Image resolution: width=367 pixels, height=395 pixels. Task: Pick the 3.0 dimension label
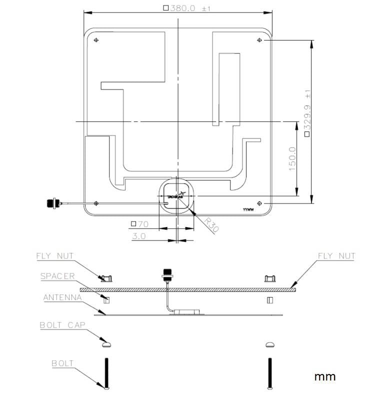point(139,236)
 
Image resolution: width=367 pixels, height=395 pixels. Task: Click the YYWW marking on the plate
point(248,210)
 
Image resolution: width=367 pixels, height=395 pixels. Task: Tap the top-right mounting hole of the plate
point(259,40)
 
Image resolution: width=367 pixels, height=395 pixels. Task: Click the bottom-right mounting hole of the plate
point(259,203)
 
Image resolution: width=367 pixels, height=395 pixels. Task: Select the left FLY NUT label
point(54,256)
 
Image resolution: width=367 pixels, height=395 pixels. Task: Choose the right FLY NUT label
point(336,256)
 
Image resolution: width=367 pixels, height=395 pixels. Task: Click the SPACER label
point(57,276)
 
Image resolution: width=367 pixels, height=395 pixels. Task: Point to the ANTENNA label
point(62,297)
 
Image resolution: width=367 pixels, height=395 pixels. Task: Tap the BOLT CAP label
point(62,325)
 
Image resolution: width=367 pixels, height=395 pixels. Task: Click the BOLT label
point(62,363)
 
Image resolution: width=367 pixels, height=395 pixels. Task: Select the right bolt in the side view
point(270,372)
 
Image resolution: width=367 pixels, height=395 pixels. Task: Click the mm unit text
point(324,376)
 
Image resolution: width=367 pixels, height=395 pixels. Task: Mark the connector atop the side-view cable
point(166,275)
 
